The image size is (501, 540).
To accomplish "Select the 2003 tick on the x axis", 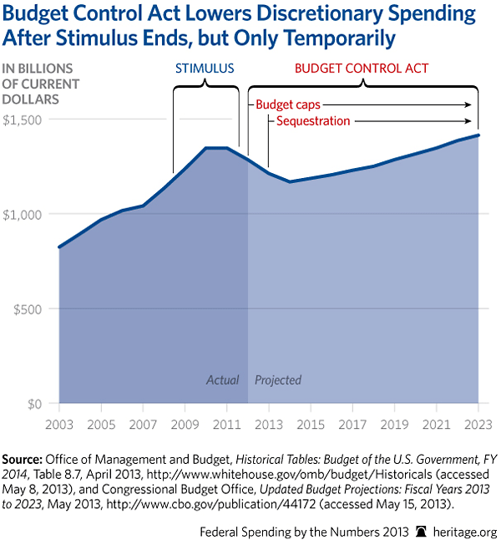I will pos(59,424).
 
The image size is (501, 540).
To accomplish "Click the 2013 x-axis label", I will pos(269,424).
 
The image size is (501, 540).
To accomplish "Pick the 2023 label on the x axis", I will pos(478,424).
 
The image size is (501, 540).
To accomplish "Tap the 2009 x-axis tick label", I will pos(185,424).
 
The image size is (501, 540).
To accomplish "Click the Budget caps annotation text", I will pos(288,105).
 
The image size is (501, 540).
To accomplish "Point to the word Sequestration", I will pos(308,121).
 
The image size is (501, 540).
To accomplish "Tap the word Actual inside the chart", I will pos(223,380).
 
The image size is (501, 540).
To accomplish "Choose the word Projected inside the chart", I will pos(278,380).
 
